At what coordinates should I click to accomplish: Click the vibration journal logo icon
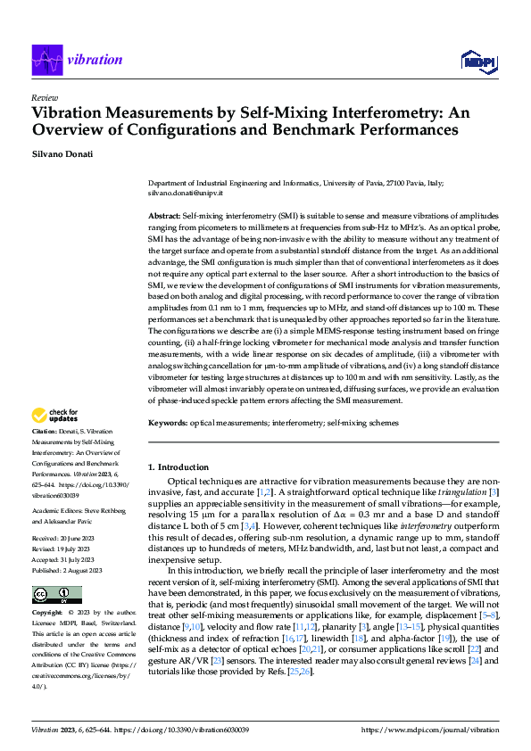46,59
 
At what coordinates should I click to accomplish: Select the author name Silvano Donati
63,154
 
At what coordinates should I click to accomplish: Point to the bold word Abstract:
164,217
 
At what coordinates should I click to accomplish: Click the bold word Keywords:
167,422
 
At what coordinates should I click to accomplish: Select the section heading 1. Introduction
178,466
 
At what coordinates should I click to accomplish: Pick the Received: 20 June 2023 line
68,539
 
